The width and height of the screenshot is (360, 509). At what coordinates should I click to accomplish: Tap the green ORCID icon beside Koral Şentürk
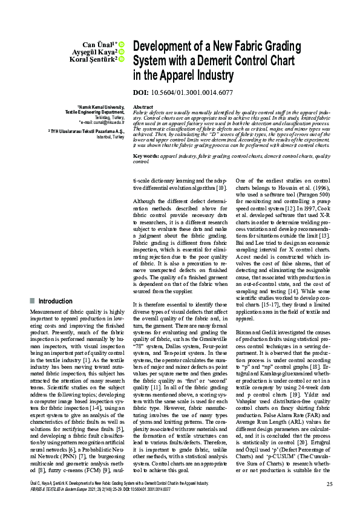[121, 59]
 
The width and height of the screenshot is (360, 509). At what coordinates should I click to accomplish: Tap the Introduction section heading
[55, 300]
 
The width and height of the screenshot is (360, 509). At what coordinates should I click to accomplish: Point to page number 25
[329, 484]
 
